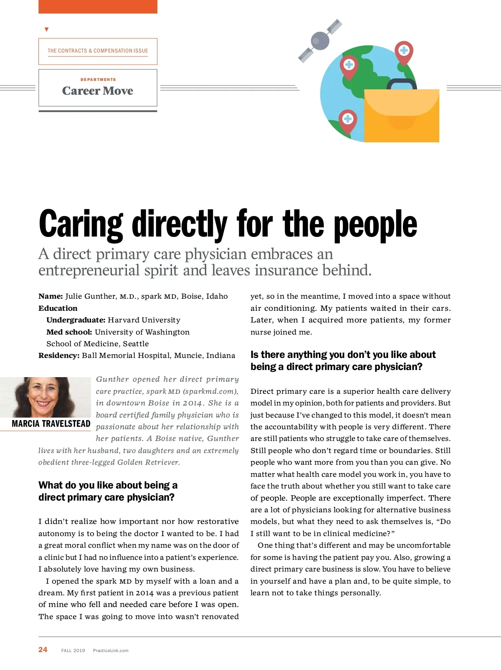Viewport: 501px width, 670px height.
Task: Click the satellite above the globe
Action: point(320,40)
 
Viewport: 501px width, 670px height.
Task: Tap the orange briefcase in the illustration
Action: point(401,116)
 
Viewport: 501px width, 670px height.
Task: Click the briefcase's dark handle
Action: point(401,83)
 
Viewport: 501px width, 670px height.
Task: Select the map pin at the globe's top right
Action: point(404,52)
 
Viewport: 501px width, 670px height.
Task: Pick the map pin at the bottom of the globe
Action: point(347,121)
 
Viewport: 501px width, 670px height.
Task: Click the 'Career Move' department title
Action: point(98,91)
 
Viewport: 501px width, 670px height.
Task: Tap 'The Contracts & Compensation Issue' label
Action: point(98,51)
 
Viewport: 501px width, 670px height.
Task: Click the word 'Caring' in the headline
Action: point(81,224)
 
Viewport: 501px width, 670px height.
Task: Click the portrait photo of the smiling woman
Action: point(45,397)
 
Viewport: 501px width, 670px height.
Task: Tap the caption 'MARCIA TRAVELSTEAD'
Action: point(51,424)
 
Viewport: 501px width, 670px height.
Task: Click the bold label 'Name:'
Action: point(51,296)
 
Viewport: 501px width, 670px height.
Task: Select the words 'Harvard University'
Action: point(144,320)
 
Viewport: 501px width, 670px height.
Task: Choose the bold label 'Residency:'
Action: point(59,355)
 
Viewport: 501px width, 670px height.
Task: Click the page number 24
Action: point(43,650)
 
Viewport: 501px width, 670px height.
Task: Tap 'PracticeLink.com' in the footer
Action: point(111,650)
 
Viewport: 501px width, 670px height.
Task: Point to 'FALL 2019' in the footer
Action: point(73,650)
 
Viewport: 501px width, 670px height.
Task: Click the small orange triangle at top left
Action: point(46,30)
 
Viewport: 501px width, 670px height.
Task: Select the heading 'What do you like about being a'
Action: point(108,485)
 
